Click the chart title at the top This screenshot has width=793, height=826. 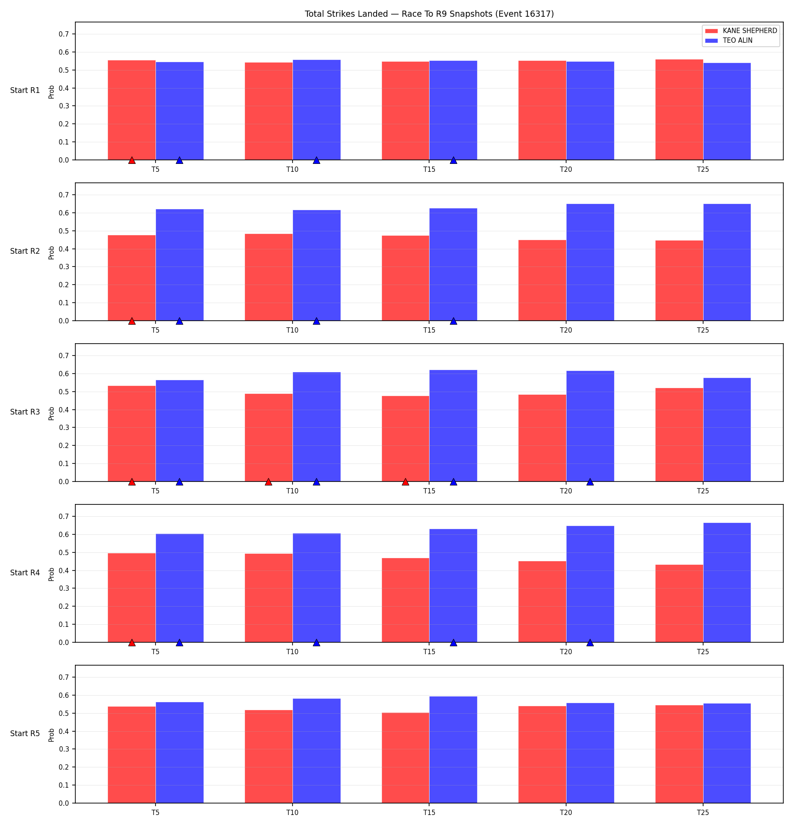coord(429,14)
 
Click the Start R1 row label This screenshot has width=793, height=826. coord(25,90)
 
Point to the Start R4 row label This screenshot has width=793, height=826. coord(25,573)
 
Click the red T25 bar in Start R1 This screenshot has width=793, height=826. coord(679,110)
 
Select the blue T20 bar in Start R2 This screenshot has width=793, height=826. coord(590,262)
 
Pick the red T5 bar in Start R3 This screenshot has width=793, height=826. coord(132,433)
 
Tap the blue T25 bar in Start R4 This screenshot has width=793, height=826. coord(727,582)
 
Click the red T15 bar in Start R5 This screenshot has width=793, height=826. coord(405,758)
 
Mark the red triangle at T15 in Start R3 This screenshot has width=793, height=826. coord(405,482)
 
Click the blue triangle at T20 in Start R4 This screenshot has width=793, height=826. coord(590,643)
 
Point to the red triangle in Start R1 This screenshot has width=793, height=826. coord(132,160)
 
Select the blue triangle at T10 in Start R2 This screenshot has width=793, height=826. coord(316,321)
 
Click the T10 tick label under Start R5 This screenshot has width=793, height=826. coord(293,812)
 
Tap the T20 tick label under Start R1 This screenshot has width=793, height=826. coord(566,169)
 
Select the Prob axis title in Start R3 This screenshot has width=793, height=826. coord(52,413)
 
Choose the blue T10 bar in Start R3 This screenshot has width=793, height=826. coord(316,427)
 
